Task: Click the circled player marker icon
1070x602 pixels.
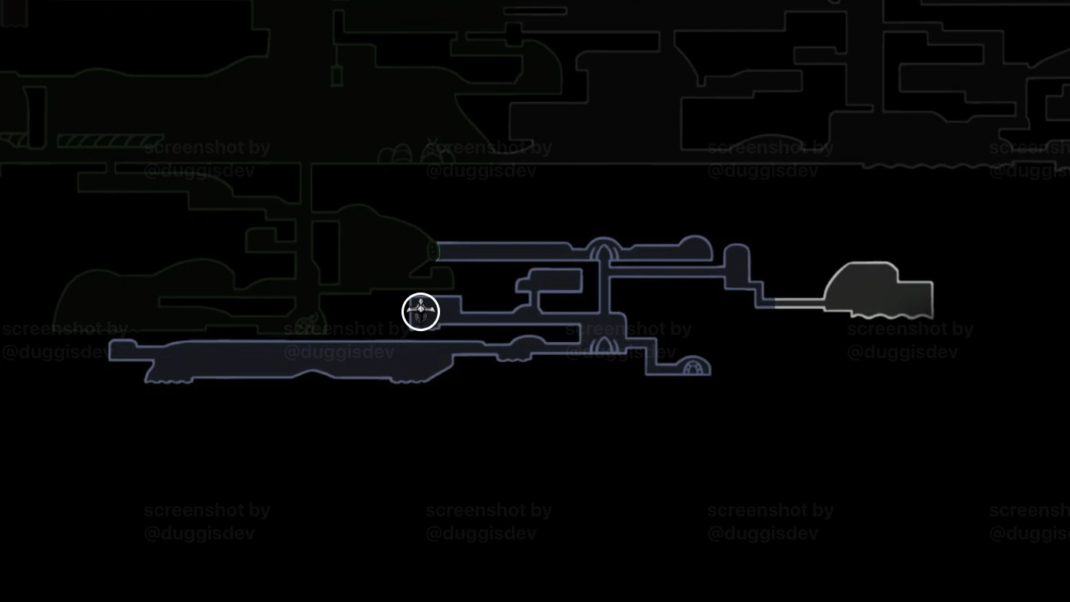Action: click(421, 312)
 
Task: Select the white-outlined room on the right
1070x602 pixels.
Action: click(880, 292)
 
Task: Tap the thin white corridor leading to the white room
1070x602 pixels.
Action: click(798, 303)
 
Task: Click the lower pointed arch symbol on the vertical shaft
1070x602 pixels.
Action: click(604, 346)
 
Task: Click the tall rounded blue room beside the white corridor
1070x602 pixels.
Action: click(737, 265)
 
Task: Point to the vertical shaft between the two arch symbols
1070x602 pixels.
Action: click(604, 297)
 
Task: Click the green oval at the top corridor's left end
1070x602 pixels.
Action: click(433, 251)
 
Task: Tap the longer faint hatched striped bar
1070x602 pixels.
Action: click(110, 141)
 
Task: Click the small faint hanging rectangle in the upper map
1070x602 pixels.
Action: click(337, 76)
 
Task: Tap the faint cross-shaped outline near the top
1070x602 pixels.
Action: click(513, 32)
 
